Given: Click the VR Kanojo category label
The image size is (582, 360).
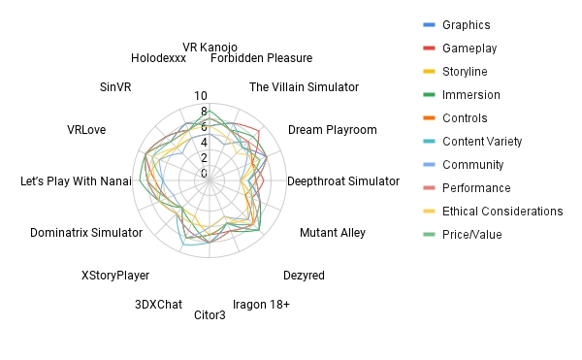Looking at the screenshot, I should [210, 48].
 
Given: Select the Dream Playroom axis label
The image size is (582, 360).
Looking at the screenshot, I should [333, 130].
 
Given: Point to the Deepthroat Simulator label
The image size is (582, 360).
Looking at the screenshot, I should [343, 181].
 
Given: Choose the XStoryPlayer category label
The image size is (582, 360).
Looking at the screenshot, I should [115, 276].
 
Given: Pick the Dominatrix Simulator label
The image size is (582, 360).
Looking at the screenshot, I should [86, 233].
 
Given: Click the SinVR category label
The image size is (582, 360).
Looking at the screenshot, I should [115, 87].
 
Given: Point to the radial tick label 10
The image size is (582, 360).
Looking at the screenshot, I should [201, 96].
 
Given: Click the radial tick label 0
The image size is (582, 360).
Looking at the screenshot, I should [204, 174].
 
